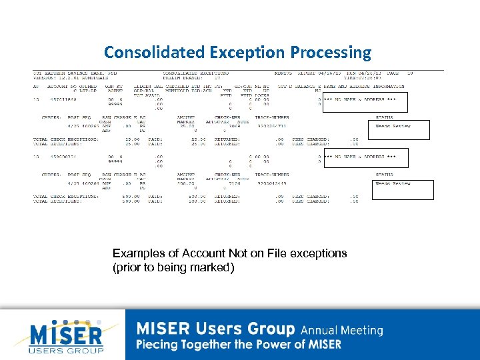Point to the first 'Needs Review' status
(x=393, y=126)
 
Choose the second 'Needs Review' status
(x=393, y=183)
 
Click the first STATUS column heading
(x=387, y=117)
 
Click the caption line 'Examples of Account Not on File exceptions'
(x=229, y=253)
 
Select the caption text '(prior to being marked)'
(x=173, y=267)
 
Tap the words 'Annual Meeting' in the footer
(x=342, y=330)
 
